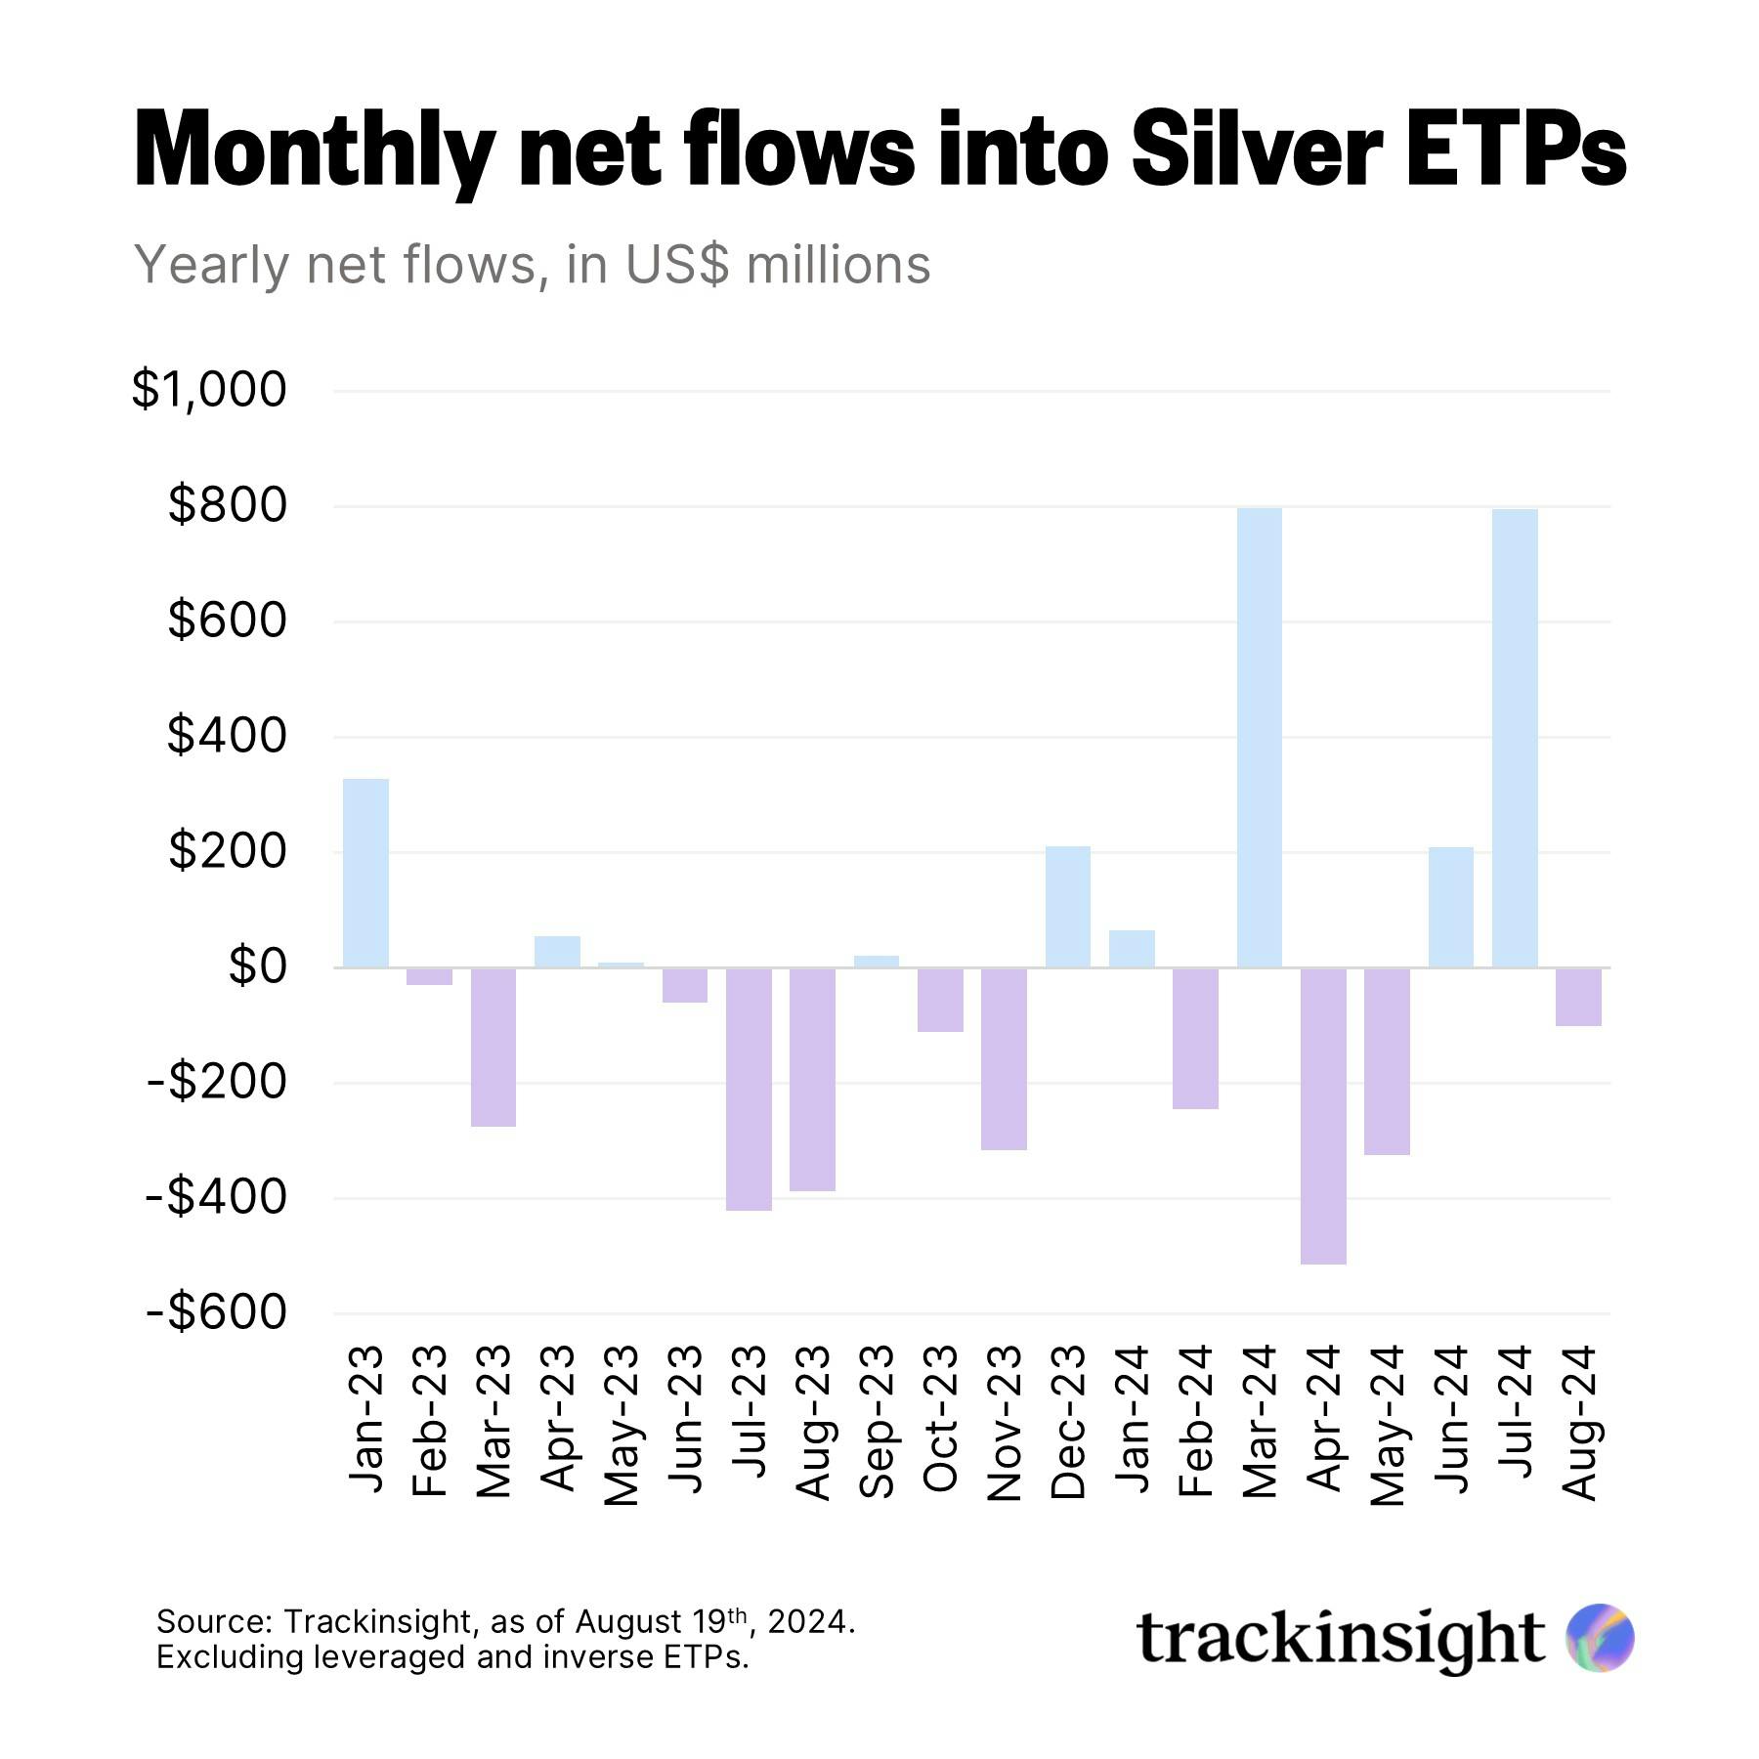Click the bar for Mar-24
(x=1259, y=738)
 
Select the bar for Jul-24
(x=1515, y=739)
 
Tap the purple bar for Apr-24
(x=1323, y=1115)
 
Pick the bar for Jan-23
(x=365, y=873)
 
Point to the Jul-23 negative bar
(x=749, y=1089)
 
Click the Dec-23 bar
(x=1067, y=907)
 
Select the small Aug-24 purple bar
(x=1578, y=997)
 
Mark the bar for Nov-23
(x=1004, y=1058)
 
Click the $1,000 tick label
(x=209, y=390)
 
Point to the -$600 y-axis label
(x=217, y=1312)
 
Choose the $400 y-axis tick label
(x=227, y=736)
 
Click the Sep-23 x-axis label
(x=877, y=1421)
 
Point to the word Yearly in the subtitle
(x=212, y=266)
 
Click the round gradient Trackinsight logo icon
(x=1599, y=1638)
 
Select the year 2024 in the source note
(x=807, y=1622)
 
